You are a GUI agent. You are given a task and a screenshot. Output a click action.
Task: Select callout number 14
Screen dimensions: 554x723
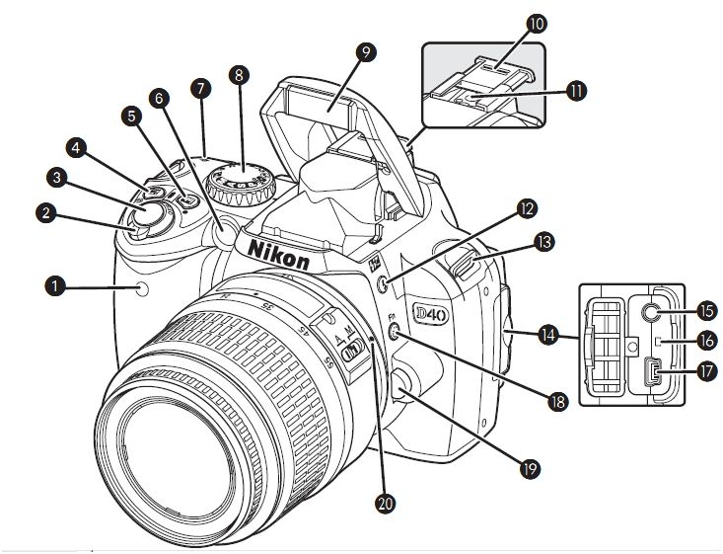coord(548,336)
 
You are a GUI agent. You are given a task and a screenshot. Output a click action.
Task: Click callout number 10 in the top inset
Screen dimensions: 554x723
coord(538,23)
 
